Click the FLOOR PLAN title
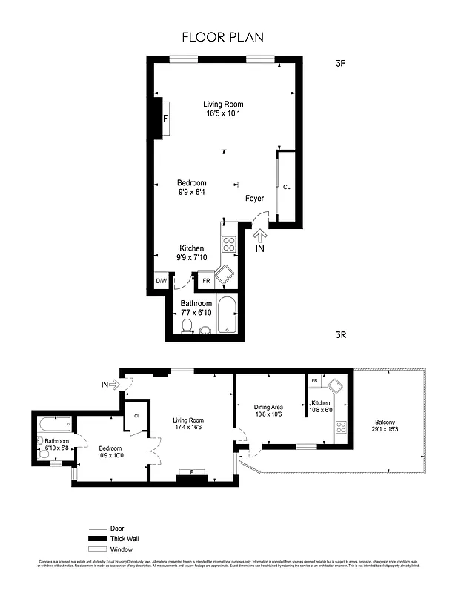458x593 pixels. click(x=222, y=36)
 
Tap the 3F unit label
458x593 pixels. click(x=341, y=64)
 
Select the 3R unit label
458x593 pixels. click(x=341, y=335)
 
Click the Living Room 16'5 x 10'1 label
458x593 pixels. click(x=224, y=109)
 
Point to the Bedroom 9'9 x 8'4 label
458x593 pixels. click(x=191, y=188)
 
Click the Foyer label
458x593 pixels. click(x=255, y=199)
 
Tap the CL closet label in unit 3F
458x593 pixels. click(x=286, y=187)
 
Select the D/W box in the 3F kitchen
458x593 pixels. click(x=160, y=282)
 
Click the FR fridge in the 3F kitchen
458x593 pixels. click(x=206, y=282)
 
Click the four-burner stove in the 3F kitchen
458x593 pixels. click(x=229, y=244)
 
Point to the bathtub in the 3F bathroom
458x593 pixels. click(x=227, y=315)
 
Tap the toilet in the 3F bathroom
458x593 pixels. click(x=187, y=326)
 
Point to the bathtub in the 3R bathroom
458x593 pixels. click(x=55, y=425)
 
